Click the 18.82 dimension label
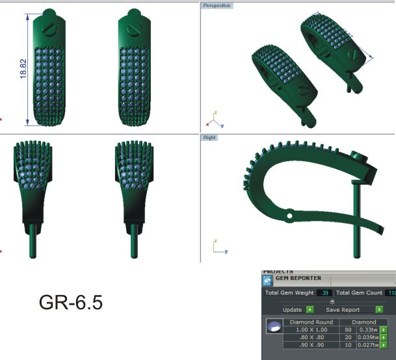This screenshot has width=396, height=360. point(23,70)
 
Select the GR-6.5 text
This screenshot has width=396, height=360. point(71,303)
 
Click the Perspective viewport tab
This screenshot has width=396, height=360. point(217,5)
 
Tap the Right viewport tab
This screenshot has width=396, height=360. point(209,138)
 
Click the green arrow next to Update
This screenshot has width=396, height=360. point(310,309)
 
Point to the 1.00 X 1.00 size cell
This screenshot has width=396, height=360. point(310,330)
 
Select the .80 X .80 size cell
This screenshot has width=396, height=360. point(310,338)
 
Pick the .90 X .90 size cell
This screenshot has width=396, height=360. point(310,346)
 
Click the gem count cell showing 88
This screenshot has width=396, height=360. point(347,330)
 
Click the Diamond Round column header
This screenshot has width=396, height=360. point(311,322)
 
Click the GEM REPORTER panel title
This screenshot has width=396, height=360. point(298,278)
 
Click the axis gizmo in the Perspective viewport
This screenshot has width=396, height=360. point(214,120)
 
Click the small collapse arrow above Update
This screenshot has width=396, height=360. point(332,302)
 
